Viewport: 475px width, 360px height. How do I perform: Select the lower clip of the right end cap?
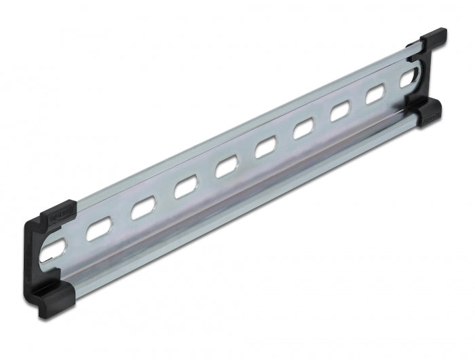click(x=427, y=113)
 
